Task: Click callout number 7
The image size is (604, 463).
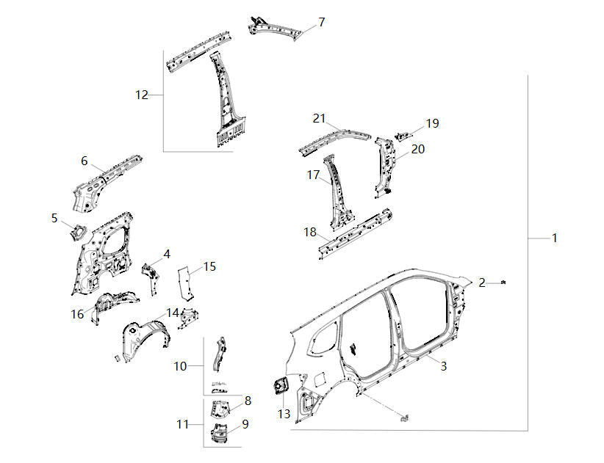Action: click(x=321, y=22)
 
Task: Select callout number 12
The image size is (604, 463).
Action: click(x=142, y=95)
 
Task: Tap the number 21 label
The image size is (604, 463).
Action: click(x=318, y=118)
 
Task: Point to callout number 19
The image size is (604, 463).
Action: click(x=432, y=123)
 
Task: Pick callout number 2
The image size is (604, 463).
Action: click(x=482, y=282)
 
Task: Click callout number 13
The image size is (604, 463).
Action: click(x=284, y=415)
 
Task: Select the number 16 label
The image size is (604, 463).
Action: click(x=77, y=314)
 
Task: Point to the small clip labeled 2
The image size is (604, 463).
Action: click(x=505, y=282)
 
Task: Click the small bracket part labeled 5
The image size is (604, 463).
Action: click(x=76, y=232)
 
